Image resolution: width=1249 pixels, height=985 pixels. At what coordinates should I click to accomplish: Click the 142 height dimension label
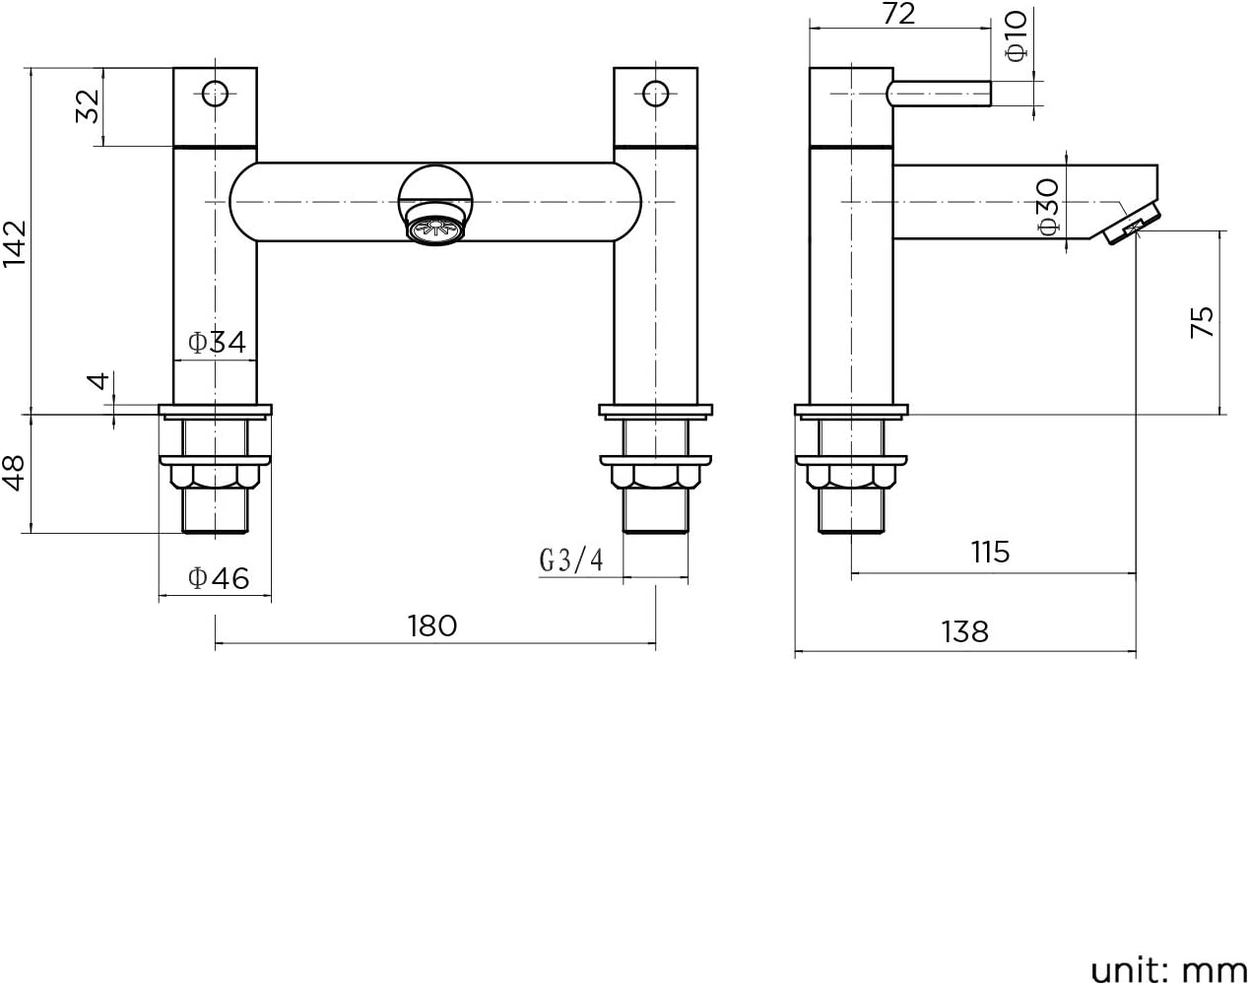pos(15,243)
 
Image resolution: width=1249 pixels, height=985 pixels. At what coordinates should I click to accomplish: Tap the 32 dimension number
pos(88,106)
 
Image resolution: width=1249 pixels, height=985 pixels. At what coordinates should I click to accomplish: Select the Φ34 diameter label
pos(217,343)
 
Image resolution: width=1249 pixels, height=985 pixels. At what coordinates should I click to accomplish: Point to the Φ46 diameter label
pos(219,578)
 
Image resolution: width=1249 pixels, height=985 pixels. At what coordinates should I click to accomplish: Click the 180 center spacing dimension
pos(432,626)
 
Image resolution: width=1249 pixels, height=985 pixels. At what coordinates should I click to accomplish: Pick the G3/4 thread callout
pos(571,560)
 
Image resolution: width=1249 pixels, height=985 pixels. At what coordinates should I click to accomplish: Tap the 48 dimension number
pos(14,473)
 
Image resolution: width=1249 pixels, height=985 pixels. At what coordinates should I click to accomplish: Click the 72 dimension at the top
pos(899,14)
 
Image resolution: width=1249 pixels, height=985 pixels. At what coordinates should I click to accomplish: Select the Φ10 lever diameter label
pos(1017,36)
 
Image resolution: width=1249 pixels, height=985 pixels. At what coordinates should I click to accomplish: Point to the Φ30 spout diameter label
pos(1049,207)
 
